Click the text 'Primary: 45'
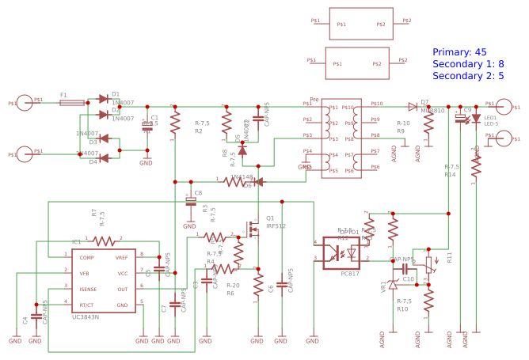459,52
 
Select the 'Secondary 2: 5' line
468,76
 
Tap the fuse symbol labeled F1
72,103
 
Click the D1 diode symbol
103,99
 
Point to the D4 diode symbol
103,157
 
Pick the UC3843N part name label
86,316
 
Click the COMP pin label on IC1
86,258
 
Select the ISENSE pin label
88,289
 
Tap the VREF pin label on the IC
122,258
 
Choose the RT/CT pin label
87,305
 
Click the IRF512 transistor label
276,226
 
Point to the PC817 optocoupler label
350,274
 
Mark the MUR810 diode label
432,111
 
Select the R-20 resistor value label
233,286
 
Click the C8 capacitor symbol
190,200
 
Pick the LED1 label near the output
490,117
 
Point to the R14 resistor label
450,174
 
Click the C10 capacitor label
408,279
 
